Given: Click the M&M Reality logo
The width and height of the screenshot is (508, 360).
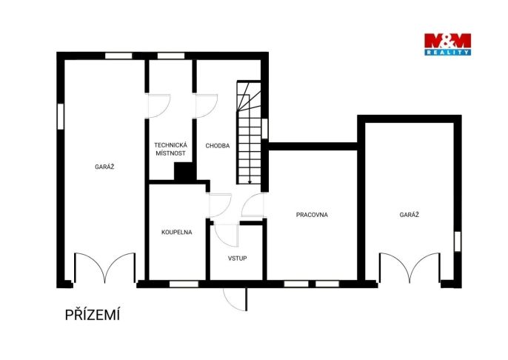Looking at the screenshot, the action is coord(447,44).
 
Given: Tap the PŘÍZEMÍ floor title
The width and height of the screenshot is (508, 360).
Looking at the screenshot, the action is coord(93,315).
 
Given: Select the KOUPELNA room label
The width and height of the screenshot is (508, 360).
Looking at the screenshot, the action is coord(176,232).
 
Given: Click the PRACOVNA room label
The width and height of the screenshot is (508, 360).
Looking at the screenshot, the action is coord(312,215).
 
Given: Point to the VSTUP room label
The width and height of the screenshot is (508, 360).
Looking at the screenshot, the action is coord(237,259).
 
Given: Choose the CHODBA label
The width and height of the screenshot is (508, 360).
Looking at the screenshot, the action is coord(218,146).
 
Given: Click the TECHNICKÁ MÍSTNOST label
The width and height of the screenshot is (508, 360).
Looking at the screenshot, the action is coord(170,149).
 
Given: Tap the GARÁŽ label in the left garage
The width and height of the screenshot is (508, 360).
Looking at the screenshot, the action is coord(104,167).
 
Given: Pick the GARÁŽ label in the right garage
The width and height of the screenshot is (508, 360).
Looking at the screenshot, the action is coord(410,215).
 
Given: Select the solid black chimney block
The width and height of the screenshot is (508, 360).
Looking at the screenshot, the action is coord(185,171).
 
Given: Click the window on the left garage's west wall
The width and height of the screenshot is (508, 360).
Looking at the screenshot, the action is coord(61,116).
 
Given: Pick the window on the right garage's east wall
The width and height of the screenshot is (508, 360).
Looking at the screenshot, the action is coord(457,241).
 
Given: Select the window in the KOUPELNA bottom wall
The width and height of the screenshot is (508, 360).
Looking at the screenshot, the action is coord(184,284).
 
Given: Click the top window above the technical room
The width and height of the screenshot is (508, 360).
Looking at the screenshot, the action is coord(171,56).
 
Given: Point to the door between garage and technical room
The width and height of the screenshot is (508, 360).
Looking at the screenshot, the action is coord(158,106).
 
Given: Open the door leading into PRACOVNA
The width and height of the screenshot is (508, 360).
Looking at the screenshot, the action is coord(253,204).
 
